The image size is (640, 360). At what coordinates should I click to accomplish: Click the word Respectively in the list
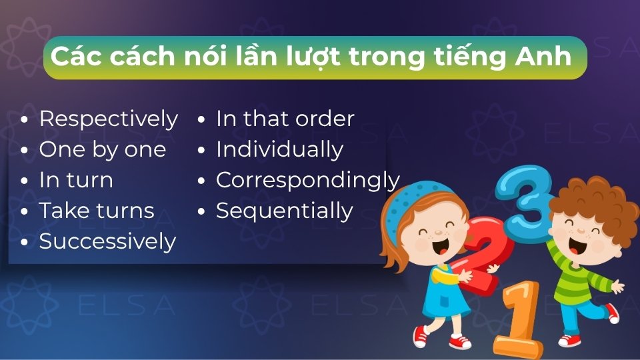pyautogui.click(x=108, y=119)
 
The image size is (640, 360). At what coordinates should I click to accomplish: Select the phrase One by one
pyautogui.click(x=102, y=150)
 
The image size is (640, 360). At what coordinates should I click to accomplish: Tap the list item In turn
pyautogui.click(x=76, y=181)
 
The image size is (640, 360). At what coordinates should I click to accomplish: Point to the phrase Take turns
pyautogui.click(x=97, y=211)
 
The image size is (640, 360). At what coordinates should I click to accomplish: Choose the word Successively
pyautogui.click(x=107, y=241)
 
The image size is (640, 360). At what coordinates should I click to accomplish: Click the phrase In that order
pyautogui.click(x=285, y=119)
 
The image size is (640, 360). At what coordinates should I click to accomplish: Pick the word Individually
pyautogui.click(x=279, y=150)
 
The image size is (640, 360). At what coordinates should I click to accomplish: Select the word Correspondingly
pyautogui.click(x=307, y=181)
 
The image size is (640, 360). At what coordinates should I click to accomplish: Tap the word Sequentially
pyautogui.click(x=284, y=211)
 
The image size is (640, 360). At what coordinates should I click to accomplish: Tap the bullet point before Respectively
pyautogui.click(x=25, y=120)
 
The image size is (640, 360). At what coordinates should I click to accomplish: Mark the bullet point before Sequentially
pyautogui.click(x=201, y=212)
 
